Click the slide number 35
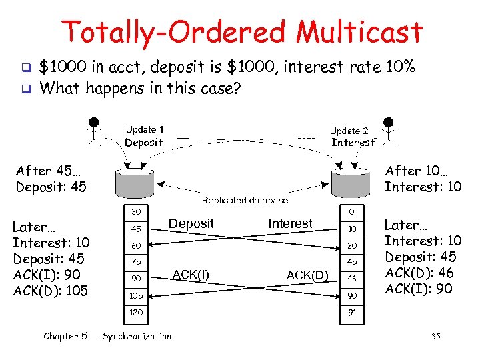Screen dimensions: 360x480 (x=436, y=336)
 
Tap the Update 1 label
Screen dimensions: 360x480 (x=145, y=129)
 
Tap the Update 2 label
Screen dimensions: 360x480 (x=349, y=131)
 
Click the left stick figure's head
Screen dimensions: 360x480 (x=95, y=123)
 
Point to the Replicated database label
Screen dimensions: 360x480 (x=245, y=200)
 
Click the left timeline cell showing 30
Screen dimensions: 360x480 (x=135, y=211)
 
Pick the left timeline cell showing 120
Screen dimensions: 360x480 (x=135, y=311)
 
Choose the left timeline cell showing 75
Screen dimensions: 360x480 (x=135, y=262)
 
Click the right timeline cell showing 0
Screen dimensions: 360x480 (x=351, y=211)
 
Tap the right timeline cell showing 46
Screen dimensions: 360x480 (x=351, y=278)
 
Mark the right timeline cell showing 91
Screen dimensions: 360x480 (x=351, y=311)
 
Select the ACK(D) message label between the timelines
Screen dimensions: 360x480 (x=306, y=275)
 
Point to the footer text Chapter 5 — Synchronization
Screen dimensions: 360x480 (x=107, y=336)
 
